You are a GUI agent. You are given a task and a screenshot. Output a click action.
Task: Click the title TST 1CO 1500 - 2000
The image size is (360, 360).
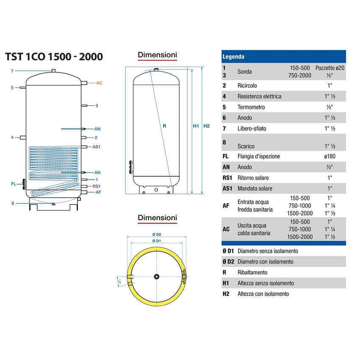point(53,57)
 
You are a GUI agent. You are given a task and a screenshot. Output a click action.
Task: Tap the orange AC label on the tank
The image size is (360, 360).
point(99,83)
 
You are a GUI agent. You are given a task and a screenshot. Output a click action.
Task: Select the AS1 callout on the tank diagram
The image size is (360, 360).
point(97,147)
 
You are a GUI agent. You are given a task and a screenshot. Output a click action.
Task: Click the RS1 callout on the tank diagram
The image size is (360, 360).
point(97,186)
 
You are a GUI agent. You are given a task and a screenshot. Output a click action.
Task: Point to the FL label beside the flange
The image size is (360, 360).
point(14,184)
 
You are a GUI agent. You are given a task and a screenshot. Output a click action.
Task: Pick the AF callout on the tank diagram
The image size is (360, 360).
point(98,192)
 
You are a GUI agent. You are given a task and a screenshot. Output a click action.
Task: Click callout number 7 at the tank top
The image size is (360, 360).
point(12,71)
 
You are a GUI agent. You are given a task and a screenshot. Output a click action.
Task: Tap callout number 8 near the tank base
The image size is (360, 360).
point(13,204)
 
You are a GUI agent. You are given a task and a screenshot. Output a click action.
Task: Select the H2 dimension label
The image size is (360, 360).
point(207,126)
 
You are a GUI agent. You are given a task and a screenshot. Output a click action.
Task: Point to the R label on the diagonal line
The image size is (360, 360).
point(163,126)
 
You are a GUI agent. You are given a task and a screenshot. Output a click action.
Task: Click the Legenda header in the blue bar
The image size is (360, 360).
point(233,56)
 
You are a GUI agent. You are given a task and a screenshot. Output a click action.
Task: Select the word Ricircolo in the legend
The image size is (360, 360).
point(247,86)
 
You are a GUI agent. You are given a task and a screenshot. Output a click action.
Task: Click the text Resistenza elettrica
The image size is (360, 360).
point(259,96)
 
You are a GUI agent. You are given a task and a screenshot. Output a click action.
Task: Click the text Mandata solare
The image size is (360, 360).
point(255,188)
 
